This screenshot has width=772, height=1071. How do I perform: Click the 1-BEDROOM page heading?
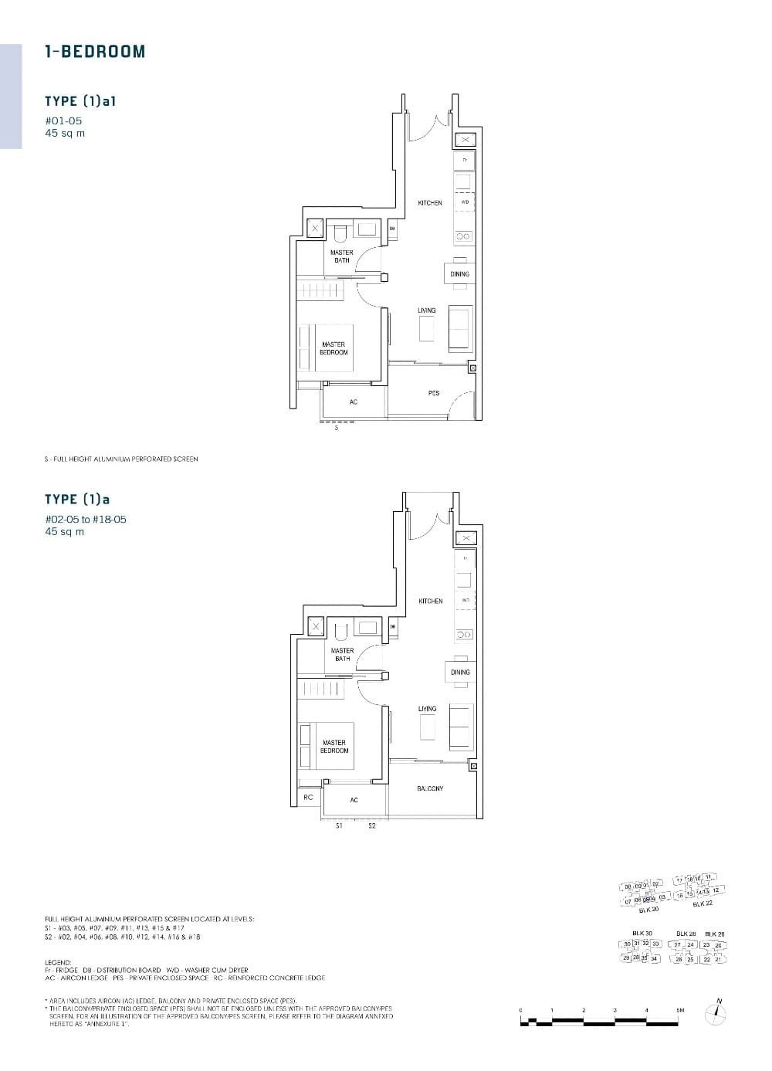point(95,52)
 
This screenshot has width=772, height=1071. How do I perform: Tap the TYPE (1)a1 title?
point(80,101)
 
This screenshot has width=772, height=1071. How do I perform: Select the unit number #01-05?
point(63,120)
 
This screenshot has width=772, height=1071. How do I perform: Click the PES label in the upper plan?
point(434,393)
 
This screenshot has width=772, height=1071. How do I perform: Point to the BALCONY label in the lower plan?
point(430,788)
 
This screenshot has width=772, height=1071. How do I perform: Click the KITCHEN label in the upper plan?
point(430,203)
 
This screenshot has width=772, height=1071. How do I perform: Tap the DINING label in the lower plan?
point(460,673)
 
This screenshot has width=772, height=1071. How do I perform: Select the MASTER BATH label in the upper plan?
point(342,256)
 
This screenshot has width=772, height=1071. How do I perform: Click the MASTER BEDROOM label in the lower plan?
point(334,747)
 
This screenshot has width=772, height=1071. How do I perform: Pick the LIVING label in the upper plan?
point(427,310)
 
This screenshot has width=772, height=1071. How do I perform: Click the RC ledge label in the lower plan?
point(308,797)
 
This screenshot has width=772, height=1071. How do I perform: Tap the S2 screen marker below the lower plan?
point(371,826)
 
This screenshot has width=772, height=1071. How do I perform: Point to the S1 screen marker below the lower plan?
point(338,826)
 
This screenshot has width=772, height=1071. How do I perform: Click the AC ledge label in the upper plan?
point(354,402)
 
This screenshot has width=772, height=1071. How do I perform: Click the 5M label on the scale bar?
point(680,1010)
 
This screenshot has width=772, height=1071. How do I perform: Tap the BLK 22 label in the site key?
point(703,903)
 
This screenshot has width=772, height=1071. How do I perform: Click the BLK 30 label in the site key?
point(642,934)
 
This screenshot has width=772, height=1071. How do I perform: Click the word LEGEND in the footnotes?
point(59,962)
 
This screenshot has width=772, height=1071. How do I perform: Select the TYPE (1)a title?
point(77,500)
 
